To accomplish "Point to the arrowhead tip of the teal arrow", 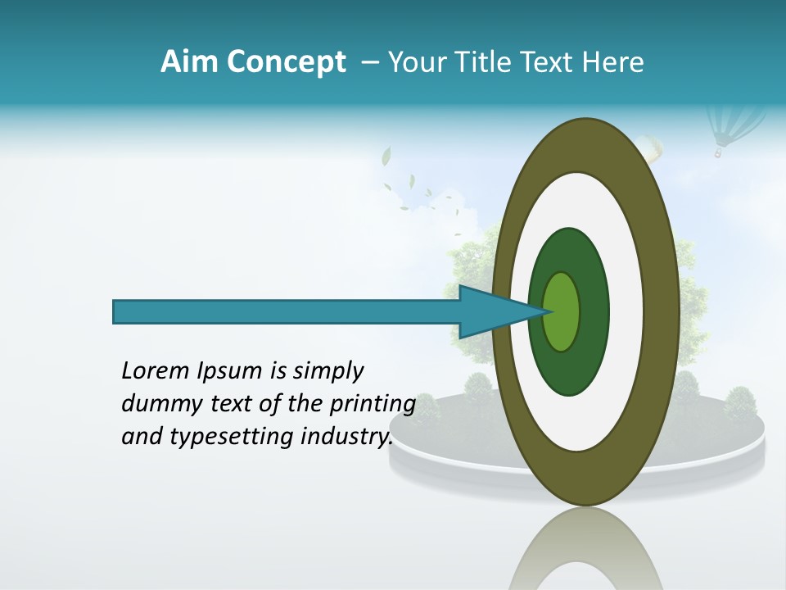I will [x=550, y=311].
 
